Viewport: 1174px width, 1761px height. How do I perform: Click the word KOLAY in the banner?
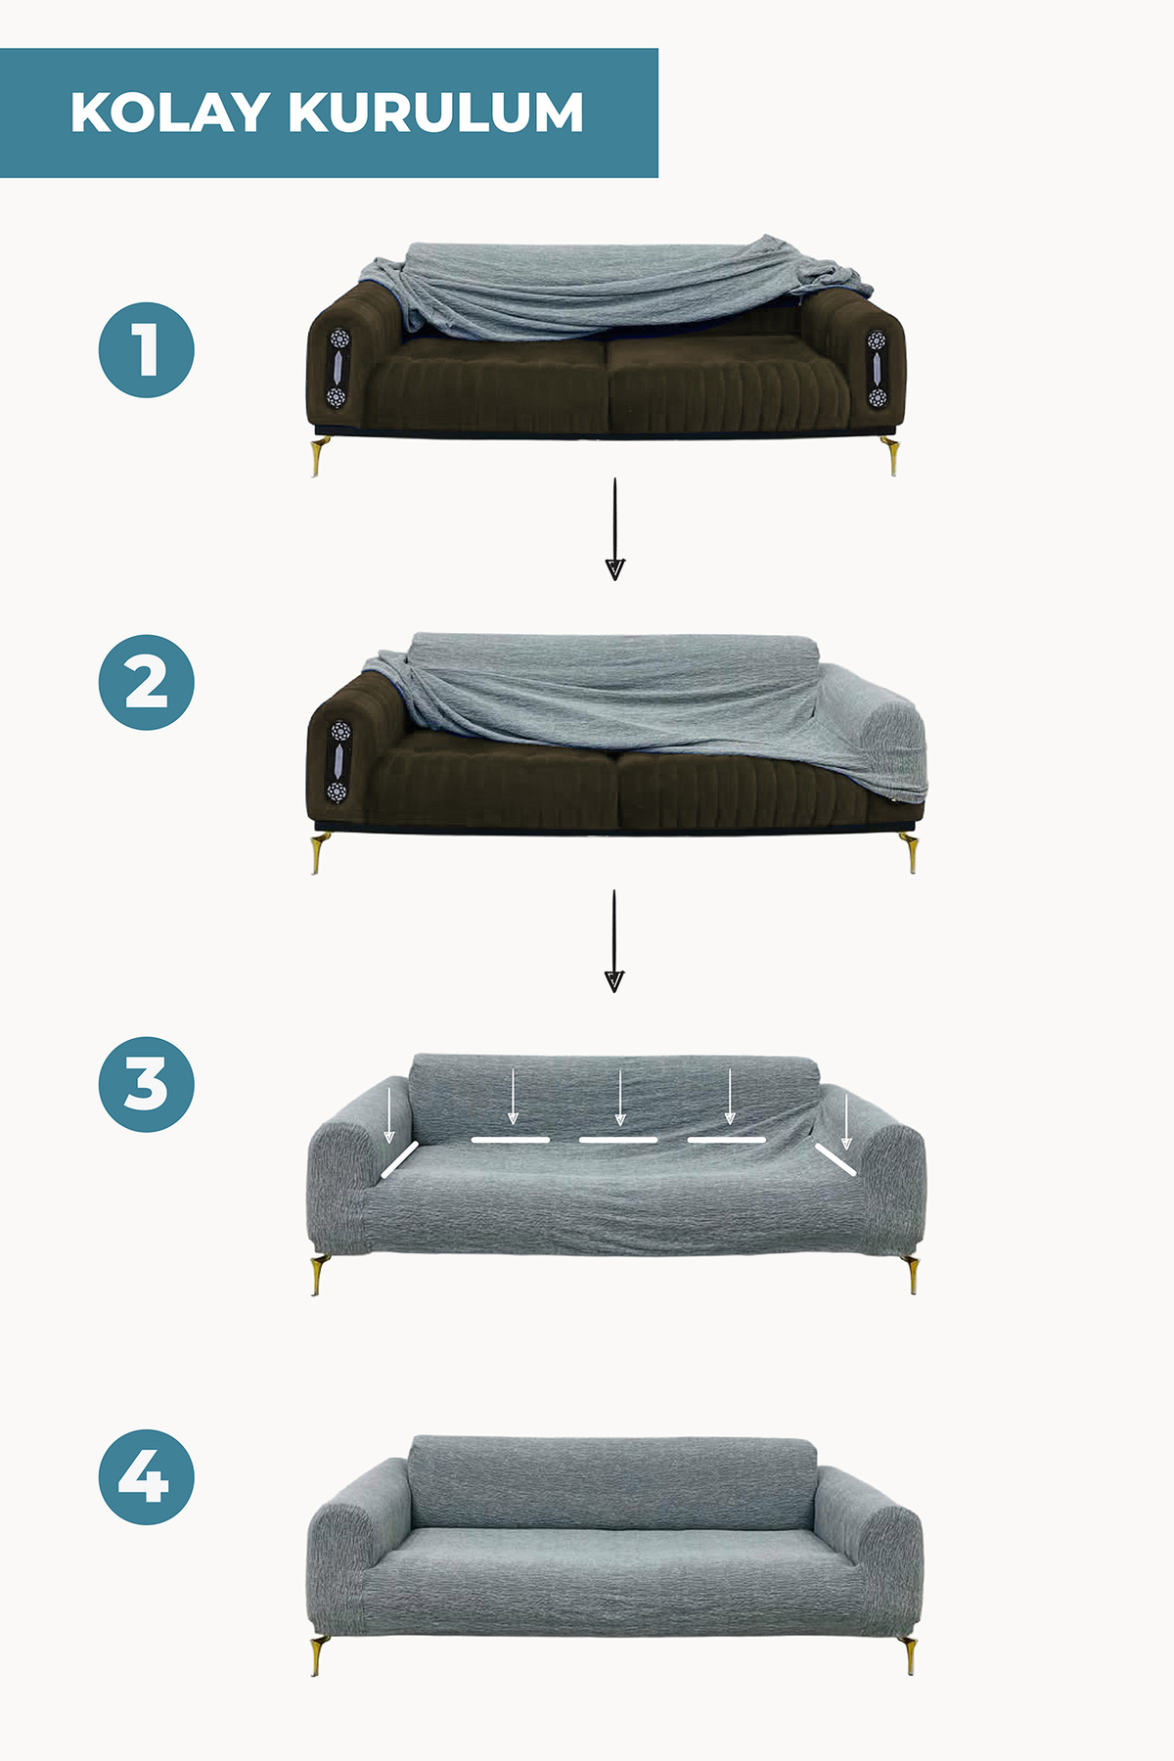click(x=169, y=113)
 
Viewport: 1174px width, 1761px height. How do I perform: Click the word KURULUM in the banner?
click(x=436, y=113)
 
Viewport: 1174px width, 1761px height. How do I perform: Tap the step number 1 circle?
click(x=147, y=350)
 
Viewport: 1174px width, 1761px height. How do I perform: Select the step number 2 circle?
click(x=147, y=682)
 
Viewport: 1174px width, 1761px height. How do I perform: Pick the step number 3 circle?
click(x=147, y=1084)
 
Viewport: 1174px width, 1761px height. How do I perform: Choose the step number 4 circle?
click(x=147, y=1476)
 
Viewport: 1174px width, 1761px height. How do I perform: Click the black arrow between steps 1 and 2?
click(x=614, y=528)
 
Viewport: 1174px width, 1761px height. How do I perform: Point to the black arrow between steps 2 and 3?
click(x=614, y=940)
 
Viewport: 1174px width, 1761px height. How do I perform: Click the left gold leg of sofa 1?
click(x=320, y=457)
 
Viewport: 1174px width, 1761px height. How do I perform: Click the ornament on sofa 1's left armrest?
click(x=338, y=368)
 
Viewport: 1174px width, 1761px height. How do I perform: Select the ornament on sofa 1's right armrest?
click(x=876, y=369)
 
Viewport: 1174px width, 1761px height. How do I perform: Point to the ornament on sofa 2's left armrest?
click(x=338, y=761)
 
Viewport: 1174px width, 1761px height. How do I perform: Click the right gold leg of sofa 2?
click(x=910, y=852)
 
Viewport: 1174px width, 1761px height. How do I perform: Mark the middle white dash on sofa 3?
click(x=618, y=1140)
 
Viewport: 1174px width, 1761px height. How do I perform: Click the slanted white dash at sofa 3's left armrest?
click(x=400, y=1159)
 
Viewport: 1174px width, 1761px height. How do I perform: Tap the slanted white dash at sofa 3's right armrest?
click(x=836, y=1159)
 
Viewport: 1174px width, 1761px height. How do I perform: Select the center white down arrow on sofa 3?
click(x=619, y=1098)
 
